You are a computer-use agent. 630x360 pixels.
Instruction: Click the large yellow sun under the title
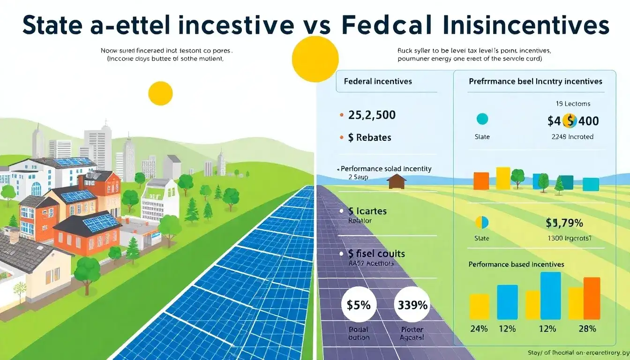315,59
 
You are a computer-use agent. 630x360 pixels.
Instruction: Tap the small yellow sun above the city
160,93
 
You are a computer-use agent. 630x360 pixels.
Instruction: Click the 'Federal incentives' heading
378,81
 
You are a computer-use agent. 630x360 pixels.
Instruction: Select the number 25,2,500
372,115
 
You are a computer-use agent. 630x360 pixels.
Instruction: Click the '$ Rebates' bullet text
369,137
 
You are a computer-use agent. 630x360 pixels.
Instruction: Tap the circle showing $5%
359,305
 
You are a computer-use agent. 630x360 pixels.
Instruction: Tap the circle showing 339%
412,305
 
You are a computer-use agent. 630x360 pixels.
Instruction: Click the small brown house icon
397,181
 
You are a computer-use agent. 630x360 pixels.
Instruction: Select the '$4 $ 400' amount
573,121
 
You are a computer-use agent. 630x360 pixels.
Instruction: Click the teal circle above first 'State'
482,119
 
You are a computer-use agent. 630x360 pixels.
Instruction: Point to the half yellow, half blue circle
482,222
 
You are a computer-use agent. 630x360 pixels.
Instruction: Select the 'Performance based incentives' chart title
516,264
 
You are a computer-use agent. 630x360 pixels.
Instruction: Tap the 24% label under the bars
479,329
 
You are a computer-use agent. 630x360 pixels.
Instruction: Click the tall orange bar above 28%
592,299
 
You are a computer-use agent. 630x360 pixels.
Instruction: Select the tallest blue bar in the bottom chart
550,296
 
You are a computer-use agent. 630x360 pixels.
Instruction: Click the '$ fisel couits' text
376,254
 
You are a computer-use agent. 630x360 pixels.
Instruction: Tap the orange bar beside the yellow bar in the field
481,181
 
